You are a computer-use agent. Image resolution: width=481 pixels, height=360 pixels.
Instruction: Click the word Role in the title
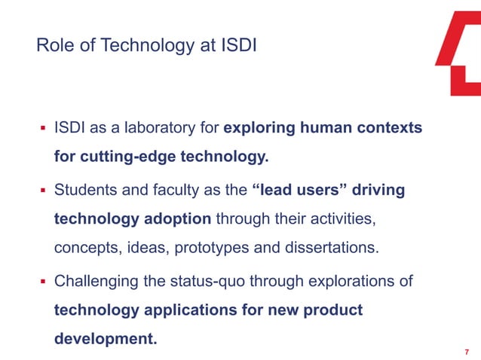[x=53, y=46]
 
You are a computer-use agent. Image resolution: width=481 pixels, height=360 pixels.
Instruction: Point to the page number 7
[x=467, y=352]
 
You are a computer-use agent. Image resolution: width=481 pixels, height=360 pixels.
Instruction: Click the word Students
[x=87, y=190]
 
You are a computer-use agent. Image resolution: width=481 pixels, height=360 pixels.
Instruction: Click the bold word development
[x=106, y=339]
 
